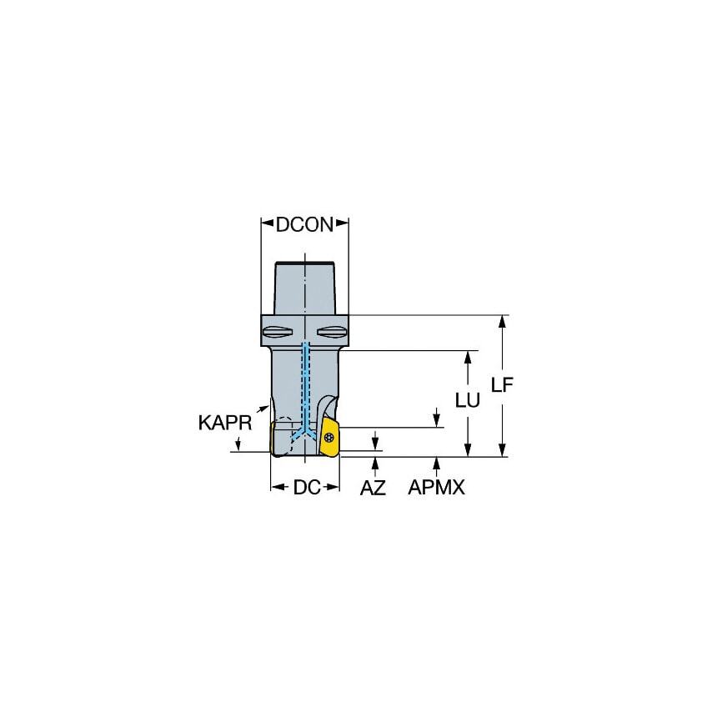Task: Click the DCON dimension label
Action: click(x=304, y=223)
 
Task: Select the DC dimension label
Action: click(x=306, y=487)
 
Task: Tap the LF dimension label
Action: click(x=502, y=384)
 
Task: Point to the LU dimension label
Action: click(x=468, y=399)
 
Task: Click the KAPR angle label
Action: click(x=224, y=423)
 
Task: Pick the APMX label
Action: click(x=436, y=488)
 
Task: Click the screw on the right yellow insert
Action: click(x=329, y=436)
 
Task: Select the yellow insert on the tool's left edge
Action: click(x=274, y=439)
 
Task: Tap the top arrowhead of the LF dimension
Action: click(x=502, y=321)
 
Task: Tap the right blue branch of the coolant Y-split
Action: click(x=313, y=431)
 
